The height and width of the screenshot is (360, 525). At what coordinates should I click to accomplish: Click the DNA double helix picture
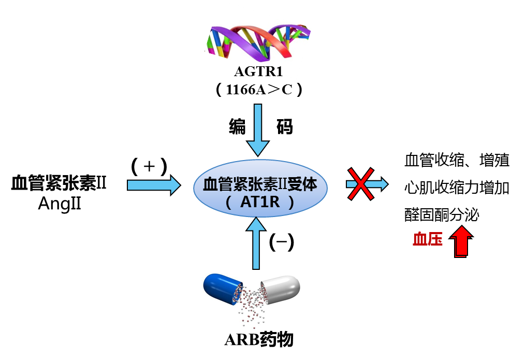pos(258,39)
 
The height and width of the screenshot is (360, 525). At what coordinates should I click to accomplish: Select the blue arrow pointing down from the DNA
pos(258,129)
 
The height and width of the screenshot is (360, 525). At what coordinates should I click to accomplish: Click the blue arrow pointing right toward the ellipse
pos(153,185)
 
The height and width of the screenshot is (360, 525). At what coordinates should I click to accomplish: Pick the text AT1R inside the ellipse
pos(260,202)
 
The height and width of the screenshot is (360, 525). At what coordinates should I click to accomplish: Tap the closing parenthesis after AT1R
pos(291,202)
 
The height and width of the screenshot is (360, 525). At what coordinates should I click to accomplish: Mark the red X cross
pos(360,184)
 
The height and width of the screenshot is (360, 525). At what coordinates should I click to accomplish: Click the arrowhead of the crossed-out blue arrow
pos(382,184)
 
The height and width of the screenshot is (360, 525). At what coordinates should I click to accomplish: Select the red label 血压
pos(428,239)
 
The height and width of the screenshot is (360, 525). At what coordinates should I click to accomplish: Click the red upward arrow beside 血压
pos(461,241)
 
